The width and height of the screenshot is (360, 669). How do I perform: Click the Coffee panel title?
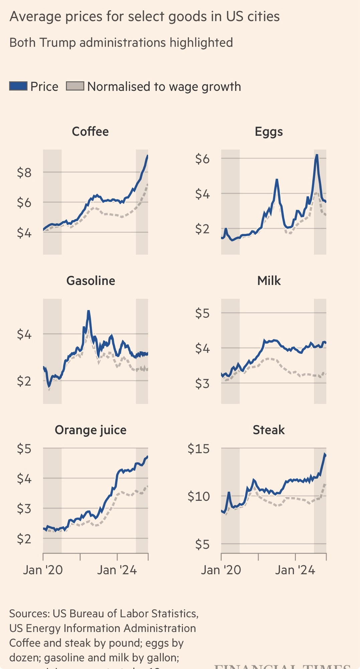90,131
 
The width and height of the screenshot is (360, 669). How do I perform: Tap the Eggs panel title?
269,131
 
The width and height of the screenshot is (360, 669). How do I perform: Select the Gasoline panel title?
91,281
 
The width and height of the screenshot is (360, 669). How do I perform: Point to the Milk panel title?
269,281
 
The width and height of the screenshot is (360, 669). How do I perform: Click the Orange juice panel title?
91,430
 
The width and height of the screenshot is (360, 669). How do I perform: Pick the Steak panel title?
269,430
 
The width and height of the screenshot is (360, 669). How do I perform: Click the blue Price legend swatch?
18,86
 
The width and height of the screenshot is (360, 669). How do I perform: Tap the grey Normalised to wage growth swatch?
75,86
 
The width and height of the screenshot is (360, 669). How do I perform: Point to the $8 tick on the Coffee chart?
24,173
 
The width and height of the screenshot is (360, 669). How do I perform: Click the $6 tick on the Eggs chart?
202,159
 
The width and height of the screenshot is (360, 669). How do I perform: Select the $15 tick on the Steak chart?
199,449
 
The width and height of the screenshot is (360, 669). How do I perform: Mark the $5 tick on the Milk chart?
202,313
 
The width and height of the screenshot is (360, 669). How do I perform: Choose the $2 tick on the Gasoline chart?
24,381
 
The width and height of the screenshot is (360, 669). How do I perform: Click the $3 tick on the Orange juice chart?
24,509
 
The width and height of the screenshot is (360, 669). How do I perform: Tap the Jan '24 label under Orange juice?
117,570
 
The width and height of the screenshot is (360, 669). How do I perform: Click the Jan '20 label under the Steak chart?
221,570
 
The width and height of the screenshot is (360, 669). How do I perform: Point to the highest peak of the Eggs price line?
317,155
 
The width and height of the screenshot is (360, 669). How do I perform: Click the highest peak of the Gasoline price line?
89,311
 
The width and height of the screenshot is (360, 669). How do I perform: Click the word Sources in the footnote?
29,613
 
